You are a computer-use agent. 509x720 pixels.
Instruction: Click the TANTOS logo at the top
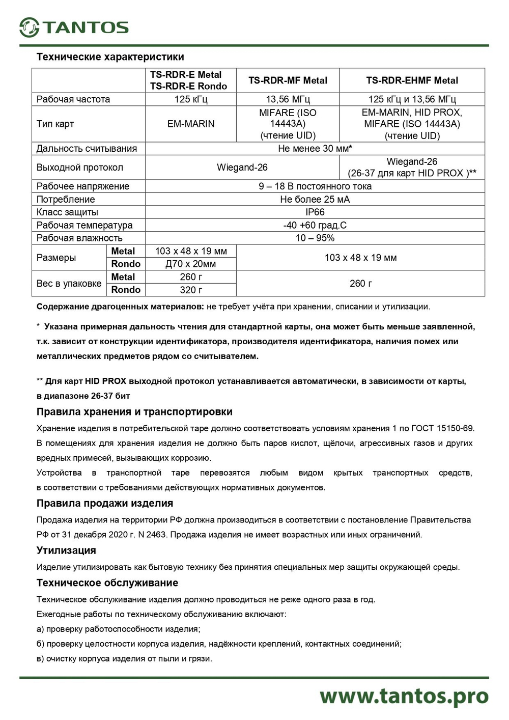[x=74, y=27]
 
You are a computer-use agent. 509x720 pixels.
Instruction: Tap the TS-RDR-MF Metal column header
[x=288, y=80]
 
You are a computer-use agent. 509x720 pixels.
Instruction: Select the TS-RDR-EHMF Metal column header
[x=412, y=80]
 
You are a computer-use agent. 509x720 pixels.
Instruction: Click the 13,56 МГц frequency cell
[x=288, y=99]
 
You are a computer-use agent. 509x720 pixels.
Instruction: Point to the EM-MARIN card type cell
[x=191, y=124]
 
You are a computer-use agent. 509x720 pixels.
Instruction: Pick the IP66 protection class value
[x=315, y=212]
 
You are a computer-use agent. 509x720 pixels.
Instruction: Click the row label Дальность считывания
[x=87, y=149]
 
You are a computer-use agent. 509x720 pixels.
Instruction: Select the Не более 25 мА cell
[x=315, y=200]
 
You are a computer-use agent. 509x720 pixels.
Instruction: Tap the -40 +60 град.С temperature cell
[x=315, y=225]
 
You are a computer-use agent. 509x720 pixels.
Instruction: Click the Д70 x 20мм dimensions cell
[x=191, y=264]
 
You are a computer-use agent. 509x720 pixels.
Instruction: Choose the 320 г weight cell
[x=191, y=290]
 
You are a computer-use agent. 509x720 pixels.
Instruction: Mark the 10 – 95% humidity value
[x=315, y=238]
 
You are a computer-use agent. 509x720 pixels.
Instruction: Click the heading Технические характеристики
[x=110, y=57]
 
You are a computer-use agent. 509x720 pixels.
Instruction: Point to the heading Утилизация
[x=66, y=550]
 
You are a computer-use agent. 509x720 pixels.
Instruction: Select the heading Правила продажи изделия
[x=105, y=503]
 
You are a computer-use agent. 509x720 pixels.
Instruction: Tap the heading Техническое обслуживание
[x=107, y=583]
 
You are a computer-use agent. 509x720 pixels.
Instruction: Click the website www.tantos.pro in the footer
[x=404, y=696]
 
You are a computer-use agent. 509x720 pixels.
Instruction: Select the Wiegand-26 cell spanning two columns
[x=242, y=168]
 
